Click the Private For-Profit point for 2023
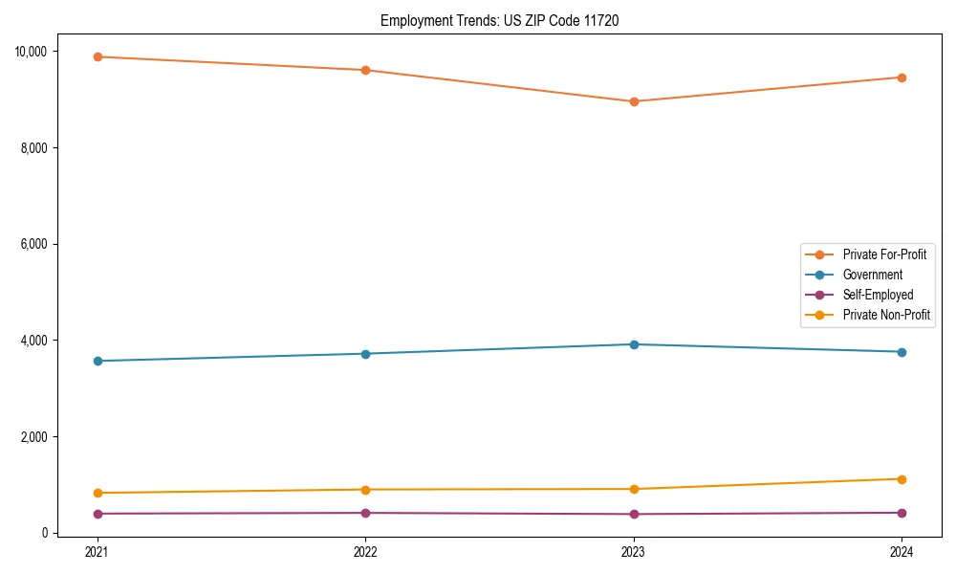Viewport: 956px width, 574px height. pos(634,101)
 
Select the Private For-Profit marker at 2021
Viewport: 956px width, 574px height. pos(97,56)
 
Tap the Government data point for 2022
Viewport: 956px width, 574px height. pos(365,354)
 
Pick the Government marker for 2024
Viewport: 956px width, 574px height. pos(902,352)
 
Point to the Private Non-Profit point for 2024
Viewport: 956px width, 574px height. pos(902,479)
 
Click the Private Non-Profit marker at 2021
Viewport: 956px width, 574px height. pos(97,493)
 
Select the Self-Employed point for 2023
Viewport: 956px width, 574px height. pos(634,514)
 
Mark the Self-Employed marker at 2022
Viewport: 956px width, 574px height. pos(365,513)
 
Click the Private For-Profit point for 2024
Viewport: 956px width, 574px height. pos(902,77)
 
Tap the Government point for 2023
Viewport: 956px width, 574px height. pos(634,344)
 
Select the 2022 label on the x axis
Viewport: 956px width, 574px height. pos(365,551)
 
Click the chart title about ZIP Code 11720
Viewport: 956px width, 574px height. pos(499,20)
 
